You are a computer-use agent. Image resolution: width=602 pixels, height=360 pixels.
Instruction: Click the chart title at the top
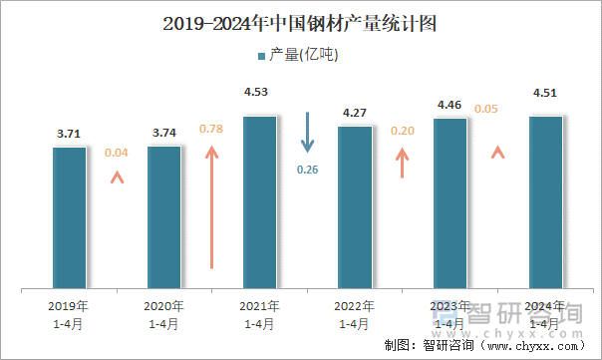coord(300,23)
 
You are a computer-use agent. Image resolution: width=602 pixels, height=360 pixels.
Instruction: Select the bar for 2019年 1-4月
coord(70,217)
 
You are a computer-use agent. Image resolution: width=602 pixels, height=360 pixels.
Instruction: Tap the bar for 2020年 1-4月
coord(164,217)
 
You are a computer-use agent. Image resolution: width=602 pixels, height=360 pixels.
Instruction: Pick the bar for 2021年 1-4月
coord(260,202)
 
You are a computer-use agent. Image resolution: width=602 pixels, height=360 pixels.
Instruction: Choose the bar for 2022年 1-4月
coord(355,207)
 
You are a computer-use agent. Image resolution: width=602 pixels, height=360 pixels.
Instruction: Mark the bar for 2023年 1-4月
coord(451,203)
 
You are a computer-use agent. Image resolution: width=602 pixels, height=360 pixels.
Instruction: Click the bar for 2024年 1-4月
coord(545,202)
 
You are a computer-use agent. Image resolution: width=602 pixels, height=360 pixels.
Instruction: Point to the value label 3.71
coord(70,132)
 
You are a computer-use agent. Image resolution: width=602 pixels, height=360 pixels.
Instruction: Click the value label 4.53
coord(260,93)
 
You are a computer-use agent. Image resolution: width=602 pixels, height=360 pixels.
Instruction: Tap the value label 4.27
coord(355,112)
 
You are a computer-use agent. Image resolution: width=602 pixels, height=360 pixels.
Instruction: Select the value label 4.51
coord(545,94)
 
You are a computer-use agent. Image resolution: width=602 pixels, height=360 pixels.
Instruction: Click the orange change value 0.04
coord(117,153)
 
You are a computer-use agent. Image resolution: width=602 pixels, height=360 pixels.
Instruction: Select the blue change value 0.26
coord(308,170)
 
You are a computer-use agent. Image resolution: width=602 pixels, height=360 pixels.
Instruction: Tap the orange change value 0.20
coord(403,131)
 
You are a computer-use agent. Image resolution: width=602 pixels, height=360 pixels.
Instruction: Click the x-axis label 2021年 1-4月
coord(260,314)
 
